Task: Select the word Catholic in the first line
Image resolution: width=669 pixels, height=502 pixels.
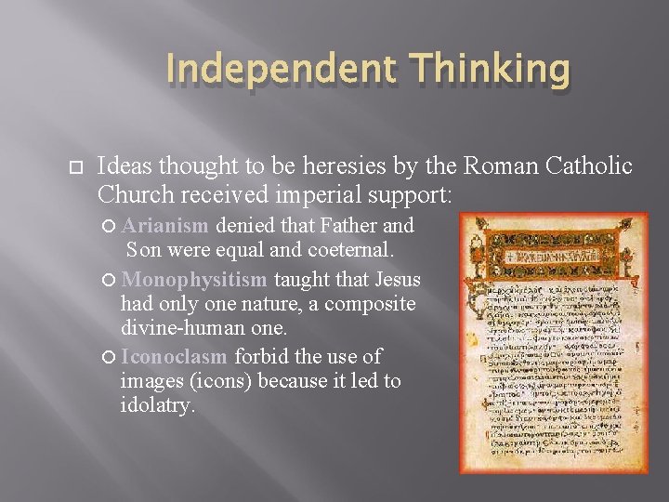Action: [x=585, y=166]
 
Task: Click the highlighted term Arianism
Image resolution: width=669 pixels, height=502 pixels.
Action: [x=165, y=225]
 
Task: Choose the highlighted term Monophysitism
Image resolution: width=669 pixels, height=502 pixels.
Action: [x=194, y=279]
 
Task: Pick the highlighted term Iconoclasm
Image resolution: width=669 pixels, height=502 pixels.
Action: [x=174, y=357]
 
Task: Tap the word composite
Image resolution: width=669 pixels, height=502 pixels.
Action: [x=369, y=304]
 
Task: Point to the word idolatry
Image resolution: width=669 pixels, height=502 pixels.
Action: [x=158, y=405]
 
